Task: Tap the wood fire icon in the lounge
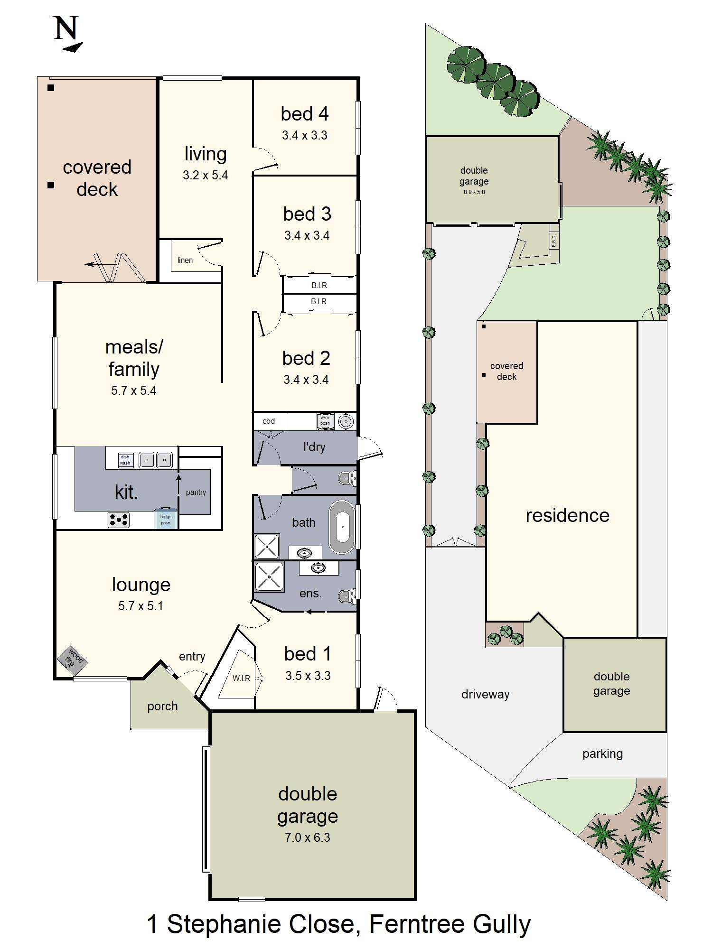pyautogui.click(x=72, y=660)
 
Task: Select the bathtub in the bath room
pyautogui.click(x=343, y=527)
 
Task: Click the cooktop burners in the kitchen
pyautogui.click(x=118, y=520)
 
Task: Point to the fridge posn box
pyautogui.click(x=165, y=520)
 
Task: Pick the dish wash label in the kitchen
pyautogui.click(x=125, y=460)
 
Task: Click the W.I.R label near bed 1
pyautogui.click(x=241, y=678)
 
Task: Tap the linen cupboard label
pyautogui.click(x=185, y=260)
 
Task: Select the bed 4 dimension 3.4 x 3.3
pyautogui.click(x=304, y=135)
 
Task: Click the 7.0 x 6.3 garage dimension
pyautogui.click(x=307, y=837)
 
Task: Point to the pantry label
pyautogui.click(x=196, y=492)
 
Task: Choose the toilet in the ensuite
pyautogui.click(x=347, y=596)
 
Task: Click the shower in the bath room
pyautogui.click(x=267, y=546)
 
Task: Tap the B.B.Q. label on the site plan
pyautogui.click(x=553, y=241)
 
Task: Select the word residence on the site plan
pyautogui.click(x=567, y=515)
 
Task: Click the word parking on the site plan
pyautogui.click(x=602, y=754)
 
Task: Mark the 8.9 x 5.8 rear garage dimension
pyautogui.click(x=474, y=192)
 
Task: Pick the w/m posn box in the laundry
pyautogui.click(x=325, y=421)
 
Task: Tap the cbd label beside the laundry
pyautogui.click(x=269, y=421)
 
